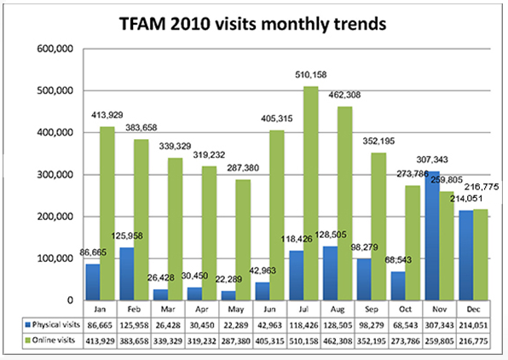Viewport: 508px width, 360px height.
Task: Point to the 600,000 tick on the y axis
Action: [x=52, y=49]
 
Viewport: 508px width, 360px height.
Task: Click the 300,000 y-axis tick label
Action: [x=52, y=175]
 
